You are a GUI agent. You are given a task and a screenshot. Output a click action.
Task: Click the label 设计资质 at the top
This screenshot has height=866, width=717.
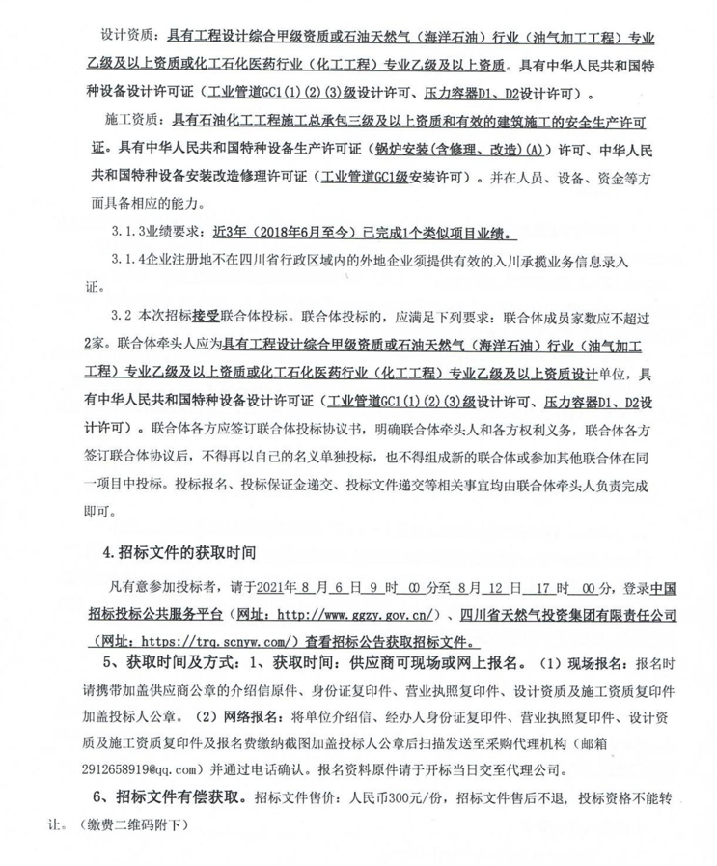pyautogui.click(x=125, y=37)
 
